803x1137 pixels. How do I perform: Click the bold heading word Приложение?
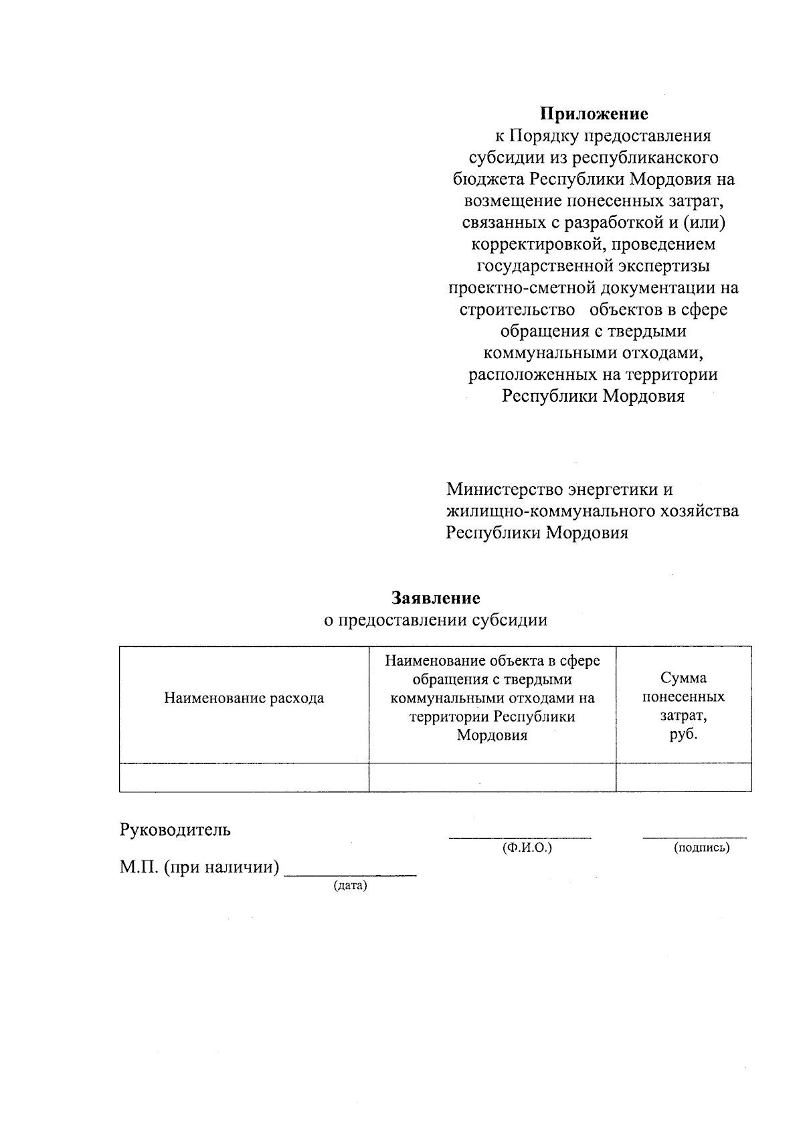pyautogui.click(x=594, y=114)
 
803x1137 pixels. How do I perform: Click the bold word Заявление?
pyautogui.click(x=436, y=597)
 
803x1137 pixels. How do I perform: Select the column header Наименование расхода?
pyautogui.click(x=244, y=698)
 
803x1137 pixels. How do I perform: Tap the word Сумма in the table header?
pyautogui.click(x=683, y=678)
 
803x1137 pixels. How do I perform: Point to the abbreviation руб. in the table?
pyautogui.click(x=683, y=734)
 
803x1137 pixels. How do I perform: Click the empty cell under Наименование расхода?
pyautogui.click(x=244, y=777)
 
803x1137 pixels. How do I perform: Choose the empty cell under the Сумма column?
pyautogui.click(x=683, y=777)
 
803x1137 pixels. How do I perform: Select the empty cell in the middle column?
pyautogui.click(x=492, y=777)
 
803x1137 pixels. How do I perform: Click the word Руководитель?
pyautogui.click(x=175, y=830)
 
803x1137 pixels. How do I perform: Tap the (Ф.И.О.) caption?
pyautogui.click(x=527, y=848)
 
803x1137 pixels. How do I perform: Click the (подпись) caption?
pyautogui.click(x=701, y=848)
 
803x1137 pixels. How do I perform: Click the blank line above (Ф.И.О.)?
pyautogui.click(x=520, y=836)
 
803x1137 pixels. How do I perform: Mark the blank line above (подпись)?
pyautogui.click(x=695, y=836)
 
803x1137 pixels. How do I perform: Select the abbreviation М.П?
pyautogui.click(x=139, y=868)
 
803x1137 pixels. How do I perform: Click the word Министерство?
pyautogui.click(x=501, y=489)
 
